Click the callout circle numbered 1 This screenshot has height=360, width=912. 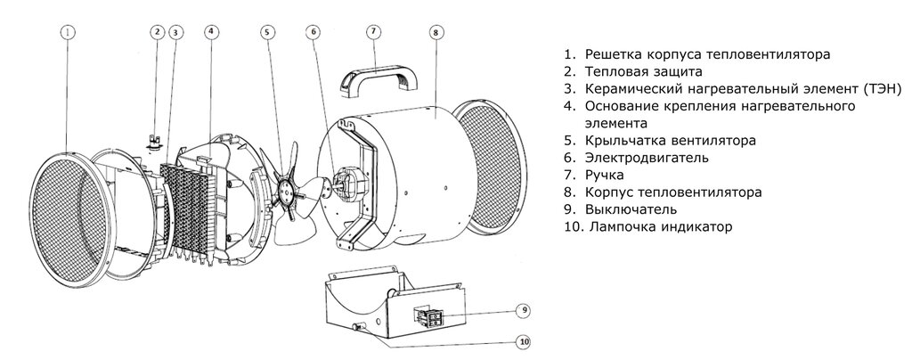tap(68, 32)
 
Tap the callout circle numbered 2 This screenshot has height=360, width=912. tap(157, 32)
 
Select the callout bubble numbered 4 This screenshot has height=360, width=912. tap(212, 32)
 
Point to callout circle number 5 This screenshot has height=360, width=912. tap(267, 32)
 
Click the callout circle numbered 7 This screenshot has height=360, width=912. tap(374, 32)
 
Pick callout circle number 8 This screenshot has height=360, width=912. tap(435, 33)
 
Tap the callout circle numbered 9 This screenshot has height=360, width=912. tap(524, 311)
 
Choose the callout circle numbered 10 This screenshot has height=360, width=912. tap(524, 342)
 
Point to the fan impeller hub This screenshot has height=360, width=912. tap(286, 187)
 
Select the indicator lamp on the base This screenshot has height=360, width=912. tap(356, 327)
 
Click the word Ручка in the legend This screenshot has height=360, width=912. tap(605, 175)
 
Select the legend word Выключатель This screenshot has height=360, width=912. tap(631, 209)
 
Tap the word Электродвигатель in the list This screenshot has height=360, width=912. tap(647, 158)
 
